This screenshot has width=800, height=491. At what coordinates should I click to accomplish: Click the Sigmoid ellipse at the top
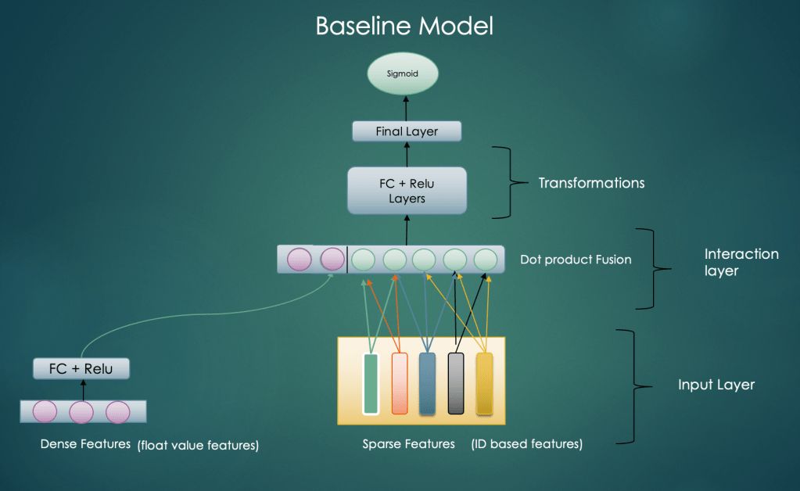click(x=404, y=75)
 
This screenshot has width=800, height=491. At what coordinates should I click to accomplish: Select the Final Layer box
click(x=407, y=131)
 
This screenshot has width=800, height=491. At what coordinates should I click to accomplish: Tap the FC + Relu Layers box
click(x=407, y=190)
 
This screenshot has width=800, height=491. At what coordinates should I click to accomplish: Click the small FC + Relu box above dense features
click(x=81, y=367)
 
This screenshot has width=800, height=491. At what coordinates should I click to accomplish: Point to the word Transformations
click(x=591, y=183)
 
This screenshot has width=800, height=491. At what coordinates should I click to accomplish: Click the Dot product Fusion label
click(x=576, y=259)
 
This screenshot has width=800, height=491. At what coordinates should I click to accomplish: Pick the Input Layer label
click(x=716, y=385)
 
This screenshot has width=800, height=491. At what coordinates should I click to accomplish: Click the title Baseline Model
click(x=404, y=26)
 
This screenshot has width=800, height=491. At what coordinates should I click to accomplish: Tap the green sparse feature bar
click(x=371, y=383)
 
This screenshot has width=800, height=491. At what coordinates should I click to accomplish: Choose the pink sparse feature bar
click(x=400, y=383)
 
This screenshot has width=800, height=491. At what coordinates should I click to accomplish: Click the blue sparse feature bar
click(x=427, y=383)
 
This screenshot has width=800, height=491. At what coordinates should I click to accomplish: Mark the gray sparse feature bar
click(x=456, y=383)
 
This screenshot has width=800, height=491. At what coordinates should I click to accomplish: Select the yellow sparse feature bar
click(x=485, y=383)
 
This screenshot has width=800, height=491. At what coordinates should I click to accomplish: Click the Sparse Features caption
click(x=408, y=444)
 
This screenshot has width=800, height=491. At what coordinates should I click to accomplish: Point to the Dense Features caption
click(x=85, y=444)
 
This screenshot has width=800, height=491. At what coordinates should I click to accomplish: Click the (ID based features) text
click(x=526, y=444)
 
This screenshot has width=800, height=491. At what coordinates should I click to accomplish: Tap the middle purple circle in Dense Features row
click(x=81, y=411)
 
